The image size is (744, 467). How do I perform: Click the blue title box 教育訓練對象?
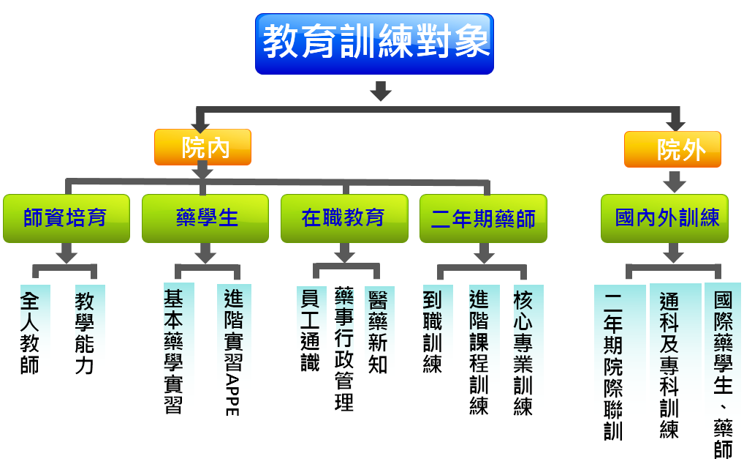coord(374,44)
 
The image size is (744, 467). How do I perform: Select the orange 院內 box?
coord(202,147)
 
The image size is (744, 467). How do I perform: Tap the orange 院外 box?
coord(672,149)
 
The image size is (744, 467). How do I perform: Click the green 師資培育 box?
coord(67,218)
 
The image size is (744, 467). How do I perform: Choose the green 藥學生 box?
coord(205,218)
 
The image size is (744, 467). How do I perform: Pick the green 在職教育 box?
coord(344,218)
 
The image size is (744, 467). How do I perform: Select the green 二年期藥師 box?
coord(484,218)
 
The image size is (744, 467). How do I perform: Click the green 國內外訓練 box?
coord(664,218)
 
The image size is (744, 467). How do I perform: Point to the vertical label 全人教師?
coord(29,332)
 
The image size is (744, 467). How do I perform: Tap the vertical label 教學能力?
coord(85,332)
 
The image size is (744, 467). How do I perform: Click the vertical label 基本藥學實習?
coord(173,351)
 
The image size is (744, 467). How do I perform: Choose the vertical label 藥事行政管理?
coord(344,348)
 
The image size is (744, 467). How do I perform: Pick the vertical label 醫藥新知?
coord(378,332)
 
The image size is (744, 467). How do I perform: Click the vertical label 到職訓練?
coord(432,332)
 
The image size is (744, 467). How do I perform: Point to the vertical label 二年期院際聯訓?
coord(613,367)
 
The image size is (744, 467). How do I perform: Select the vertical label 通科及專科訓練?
coord(669,365)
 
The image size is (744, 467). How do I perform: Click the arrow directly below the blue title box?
coord(381,91)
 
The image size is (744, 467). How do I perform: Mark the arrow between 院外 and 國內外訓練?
coord(675,181)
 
